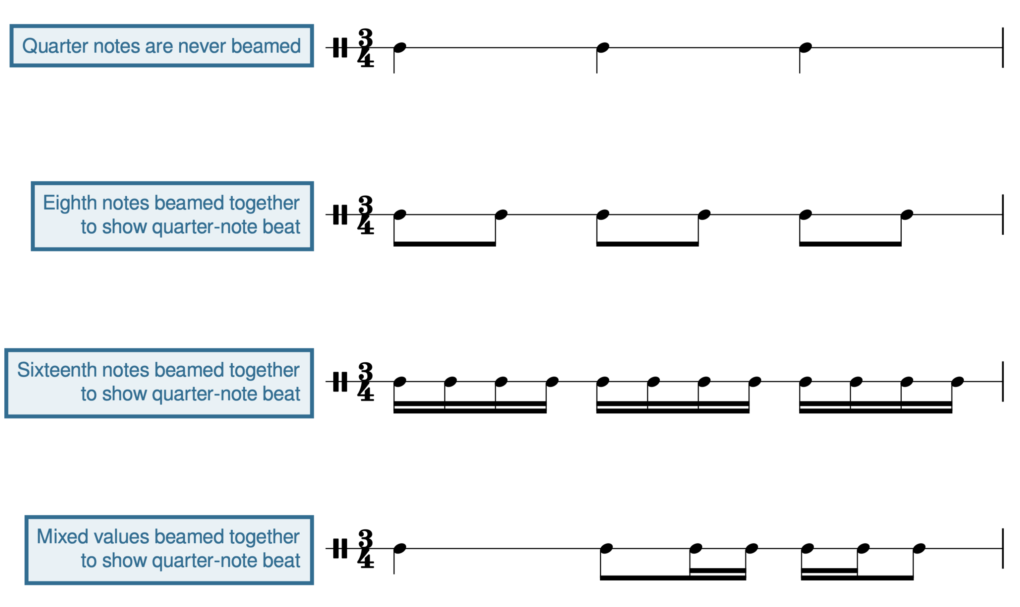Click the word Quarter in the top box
pos(55,46)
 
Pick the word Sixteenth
pos(57,370)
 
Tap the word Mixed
pos(63,536)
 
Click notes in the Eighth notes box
pos(126,203)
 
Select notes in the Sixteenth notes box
pos(126,370)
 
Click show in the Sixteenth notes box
pos(124,394)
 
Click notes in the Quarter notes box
pos(116,46)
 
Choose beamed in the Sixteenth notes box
pos(189,370)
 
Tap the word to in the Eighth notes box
pos(88,227)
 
